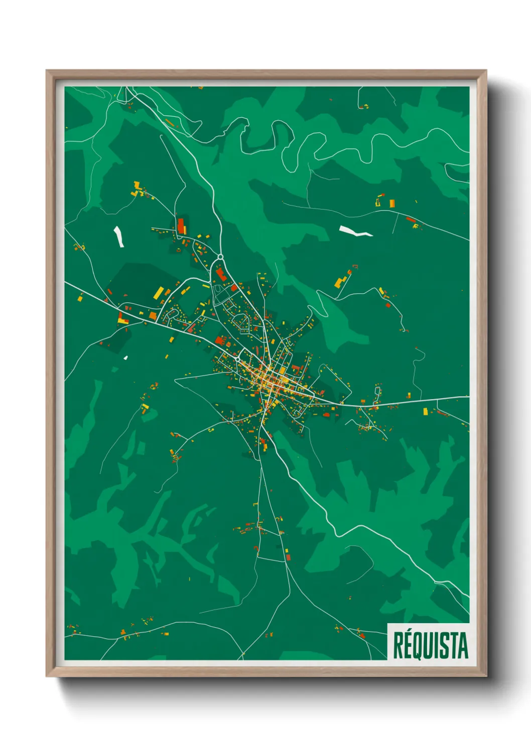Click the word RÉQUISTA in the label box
tap(430, 645)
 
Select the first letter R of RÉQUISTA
tap(397, 646)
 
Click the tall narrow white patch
tap(119, 236)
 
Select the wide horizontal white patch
tap(355, 231)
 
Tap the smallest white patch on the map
tap(125, 358)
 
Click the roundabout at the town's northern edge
tap(220, 257)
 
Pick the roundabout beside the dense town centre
tap(237, 359)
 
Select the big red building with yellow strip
tap(181, 226)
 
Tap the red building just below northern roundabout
tap(220, 274)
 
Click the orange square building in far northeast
tap(392, 203)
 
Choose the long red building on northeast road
tap(411, 220)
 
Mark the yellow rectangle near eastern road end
tap(426, 412)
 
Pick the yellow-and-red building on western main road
tap(122, 318)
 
